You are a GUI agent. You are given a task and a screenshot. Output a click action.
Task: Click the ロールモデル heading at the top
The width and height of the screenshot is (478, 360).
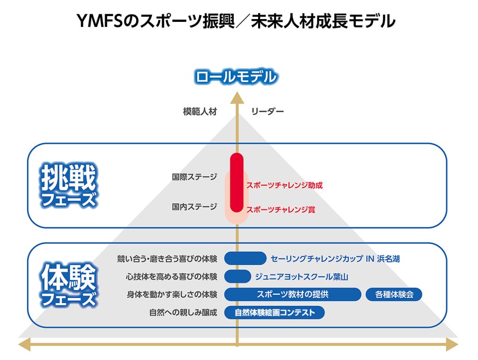[x=236, y=76]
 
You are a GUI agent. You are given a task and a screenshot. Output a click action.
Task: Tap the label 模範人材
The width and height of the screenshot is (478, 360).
[x=200, y=111]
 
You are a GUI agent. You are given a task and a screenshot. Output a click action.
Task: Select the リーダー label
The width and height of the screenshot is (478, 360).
[x=267, y=111]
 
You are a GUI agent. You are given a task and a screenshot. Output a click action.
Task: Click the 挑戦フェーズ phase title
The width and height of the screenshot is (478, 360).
[x=68, y=186]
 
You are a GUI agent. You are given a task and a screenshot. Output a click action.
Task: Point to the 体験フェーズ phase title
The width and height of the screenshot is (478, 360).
[x=68, y=285]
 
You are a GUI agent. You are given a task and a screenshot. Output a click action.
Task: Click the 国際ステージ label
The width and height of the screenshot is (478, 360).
[x=195, y=177]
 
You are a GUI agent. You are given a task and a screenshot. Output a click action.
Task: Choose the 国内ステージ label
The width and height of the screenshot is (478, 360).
[x=195, y=207]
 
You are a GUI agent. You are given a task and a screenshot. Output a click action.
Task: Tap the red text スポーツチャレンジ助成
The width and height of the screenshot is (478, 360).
[x=284, y=185]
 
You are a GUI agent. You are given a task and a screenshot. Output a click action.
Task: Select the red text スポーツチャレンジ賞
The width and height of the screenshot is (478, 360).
[x=281, y=209]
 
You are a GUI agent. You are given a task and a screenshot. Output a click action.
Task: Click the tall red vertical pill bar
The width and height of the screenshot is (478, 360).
[x=237, y=182]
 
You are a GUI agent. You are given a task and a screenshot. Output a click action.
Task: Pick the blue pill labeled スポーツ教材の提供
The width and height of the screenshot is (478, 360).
[x=293, y=294]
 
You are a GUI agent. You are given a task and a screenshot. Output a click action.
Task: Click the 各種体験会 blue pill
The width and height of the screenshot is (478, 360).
[x=394, y=295]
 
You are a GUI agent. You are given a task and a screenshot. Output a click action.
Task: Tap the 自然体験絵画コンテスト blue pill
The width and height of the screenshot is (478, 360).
[x=274, y=312]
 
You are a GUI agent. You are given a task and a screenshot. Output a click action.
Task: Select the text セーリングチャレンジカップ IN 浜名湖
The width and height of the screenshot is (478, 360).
[x=335, y=259]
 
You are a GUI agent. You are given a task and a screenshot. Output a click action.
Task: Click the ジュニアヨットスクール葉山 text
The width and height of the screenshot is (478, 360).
[x=302, y=277]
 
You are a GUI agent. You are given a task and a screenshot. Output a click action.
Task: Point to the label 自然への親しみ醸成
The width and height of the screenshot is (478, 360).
[x=183, y=312]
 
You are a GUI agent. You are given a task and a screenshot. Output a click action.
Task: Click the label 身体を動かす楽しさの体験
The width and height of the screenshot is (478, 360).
[x=172, y=295]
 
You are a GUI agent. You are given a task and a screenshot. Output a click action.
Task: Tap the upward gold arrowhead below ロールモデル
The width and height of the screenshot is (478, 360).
[x=237, y=97]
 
